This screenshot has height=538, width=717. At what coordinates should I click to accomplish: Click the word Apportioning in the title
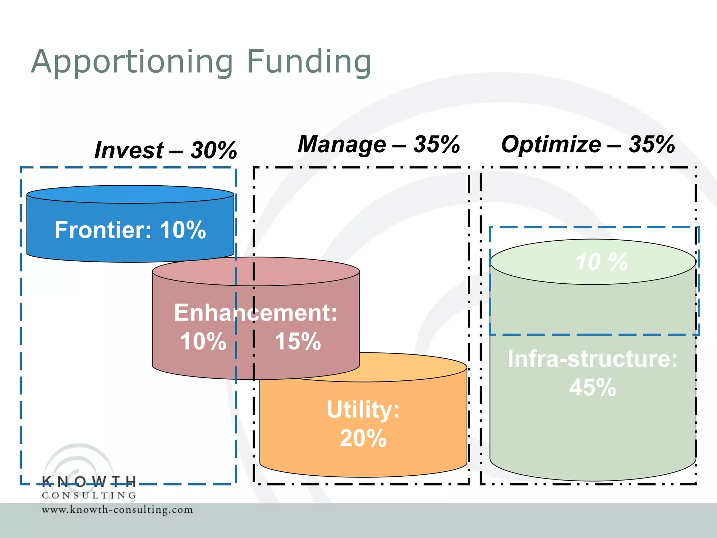pyautogui.click(x=132, y=62)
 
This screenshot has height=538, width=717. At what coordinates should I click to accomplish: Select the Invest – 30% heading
pyautogui.click(x=166, y=150)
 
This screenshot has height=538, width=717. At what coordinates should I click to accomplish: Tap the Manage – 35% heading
pyautogui.click(x=378, y=144)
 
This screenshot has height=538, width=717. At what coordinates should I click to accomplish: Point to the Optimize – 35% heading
pyautogui.click(x=588, y=144)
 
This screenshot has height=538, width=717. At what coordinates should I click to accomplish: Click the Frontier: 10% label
pyautogui.click(x=130, y=230)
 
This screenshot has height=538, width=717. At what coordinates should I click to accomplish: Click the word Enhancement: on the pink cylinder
pyautogui.click(x=256, y=312)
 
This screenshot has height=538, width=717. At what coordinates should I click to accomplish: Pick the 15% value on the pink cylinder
pyautogui.click(x=298, y=341)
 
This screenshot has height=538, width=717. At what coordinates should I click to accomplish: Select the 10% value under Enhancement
pyautogui.click(x=203, y=341)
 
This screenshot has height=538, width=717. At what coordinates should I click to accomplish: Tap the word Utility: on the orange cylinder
pyautogui.click(x=363, y=409)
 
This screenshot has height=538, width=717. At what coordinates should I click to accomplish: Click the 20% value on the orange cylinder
pyautogui.click(x=363, y=438)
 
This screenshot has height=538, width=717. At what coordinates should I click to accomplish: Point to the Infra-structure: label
pyautogui.click(x=592, y=359)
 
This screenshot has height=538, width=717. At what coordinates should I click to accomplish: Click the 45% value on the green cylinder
pyautogui.click(x=592, y=387)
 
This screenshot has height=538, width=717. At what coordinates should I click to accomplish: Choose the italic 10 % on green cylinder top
pyautogui.click(x=601, y=262)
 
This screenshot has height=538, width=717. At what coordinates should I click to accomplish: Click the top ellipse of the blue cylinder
pyautogui.click(x=130, y=194)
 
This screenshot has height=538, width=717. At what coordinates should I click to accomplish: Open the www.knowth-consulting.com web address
pyautogui.click(x=117, y=509)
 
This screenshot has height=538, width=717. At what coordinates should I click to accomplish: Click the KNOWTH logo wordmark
pyautogui.click(x=89, y=482)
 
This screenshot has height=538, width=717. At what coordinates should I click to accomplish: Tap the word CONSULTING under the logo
pyautogui.click(x=89, y=495)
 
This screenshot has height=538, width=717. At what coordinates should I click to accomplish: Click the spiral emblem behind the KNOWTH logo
pyautogui.click(x=79, y=462)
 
